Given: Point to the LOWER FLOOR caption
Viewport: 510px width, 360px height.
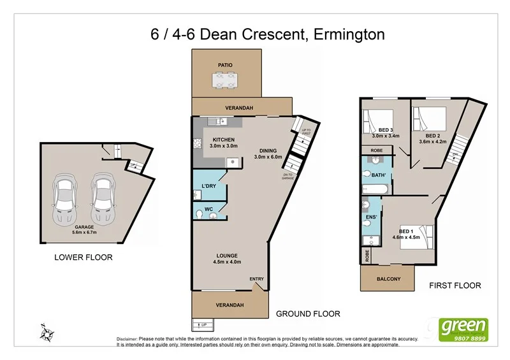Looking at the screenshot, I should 84,258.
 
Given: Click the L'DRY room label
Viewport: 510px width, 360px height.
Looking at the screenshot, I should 209,185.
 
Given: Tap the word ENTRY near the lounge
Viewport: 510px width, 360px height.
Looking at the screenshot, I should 257,279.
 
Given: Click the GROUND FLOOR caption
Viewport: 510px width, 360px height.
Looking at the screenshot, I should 308,313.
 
